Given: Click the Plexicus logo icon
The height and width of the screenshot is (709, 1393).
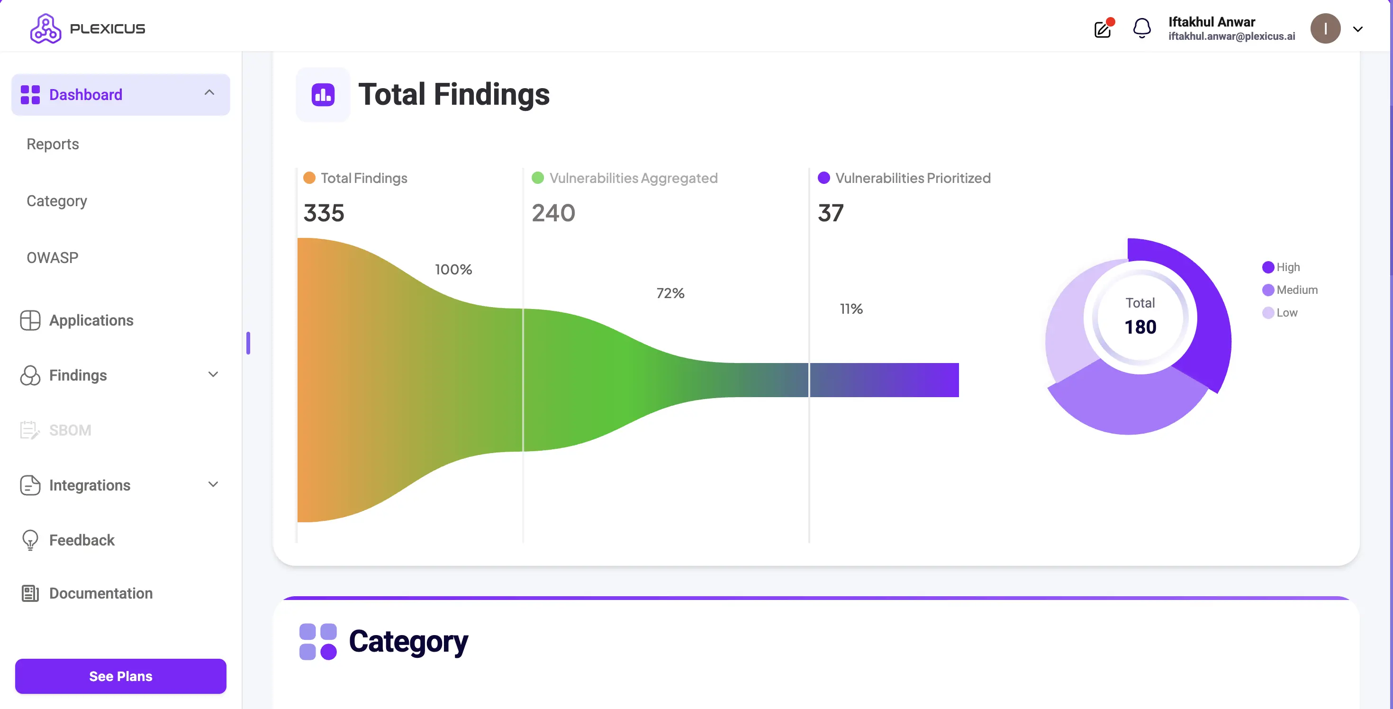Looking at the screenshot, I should point(45,28).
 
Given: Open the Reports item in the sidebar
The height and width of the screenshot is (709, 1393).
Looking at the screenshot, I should point(53,144).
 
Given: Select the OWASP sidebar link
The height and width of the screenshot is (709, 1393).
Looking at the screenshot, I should point(53,257).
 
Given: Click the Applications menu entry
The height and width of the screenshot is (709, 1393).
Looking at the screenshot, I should point(91,320).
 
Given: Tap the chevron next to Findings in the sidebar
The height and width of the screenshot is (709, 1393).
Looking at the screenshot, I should point(213,374).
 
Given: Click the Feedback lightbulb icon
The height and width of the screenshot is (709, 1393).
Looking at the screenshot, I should point(30,540).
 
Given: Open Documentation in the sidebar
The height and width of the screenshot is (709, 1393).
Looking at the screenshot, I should point(100,593).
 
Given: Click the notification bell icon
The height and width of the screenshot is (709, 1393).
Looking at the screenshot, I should point(1141,28).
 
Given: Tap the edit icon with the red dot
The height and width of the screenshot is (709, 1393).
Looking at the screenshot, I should point(1103,28).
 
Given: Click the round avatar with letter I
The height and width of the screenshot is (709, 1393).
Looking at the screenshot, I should point(1325,28).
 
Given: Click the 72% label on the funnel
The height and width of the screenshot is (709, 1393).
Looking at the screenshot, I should point(670,293).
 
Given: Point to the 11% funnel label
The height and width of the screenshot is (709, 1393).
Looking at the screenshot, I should point(851,309).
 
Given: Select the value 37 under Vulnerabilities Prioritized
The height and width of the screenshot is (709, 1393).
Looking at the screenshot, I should point(831,213).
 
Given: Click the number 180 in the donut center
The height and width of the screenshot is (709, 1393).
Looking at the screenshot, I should point(1140,327).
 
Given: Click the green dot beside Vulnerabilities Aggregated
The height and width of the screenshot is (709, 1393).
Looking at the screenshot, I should point(537,178).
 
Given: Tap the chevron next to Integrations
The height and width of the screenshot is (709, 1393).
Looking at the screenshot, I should point(213,484).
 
